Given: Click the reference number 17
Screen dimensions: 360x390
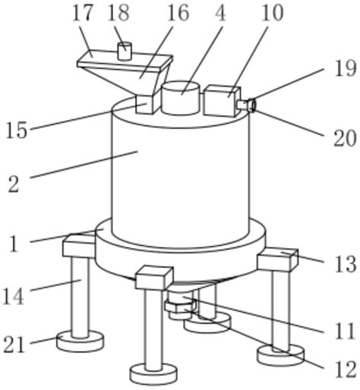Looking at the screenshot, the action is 82,13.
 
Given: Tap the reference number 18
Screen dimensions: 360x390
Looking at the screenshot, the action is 118,13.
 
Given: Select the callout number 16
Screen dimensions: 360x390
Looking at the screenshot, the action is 178,13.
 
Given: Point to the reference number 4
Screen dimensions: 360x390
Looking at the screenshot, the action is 220,13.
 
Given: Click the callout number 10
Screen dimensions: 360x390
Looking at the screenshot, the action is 273,13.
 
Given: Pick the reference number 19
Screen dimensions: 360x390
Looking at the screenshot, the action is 346,68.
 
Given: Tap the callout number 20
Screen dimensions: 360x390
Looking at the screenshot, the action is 345,138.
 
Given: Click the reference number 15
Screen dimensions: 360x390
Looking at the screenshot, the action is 17,130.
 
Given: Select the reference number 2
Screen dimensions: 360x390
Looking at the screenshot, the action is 14,184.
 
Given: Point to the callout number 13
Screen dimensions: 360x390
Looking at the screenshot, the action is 346,264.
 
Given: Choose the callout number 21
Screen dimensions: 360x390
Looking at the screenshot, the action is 14,344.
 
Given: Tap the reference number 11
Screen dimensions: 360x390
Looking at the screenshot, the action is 345,332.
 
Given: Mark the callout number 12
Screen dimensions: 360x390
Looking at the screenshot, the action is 346,370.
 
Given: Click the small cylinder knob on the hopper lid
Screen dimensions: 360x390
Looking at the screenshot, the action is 125,52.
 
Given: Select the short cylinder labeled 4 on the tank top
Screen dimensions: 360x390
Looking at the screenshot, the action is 181,98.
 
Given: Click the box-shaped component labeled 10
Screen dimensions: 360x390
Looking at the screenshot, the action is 222,101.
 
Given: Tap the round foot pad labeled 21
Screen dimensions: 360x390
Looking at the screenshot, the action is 80,341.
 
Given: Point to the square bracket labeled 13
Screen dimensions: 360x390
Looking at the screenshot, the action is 277,259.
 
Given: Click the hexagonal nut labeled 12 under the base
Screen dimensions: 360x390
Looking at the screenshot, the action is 181,306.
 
